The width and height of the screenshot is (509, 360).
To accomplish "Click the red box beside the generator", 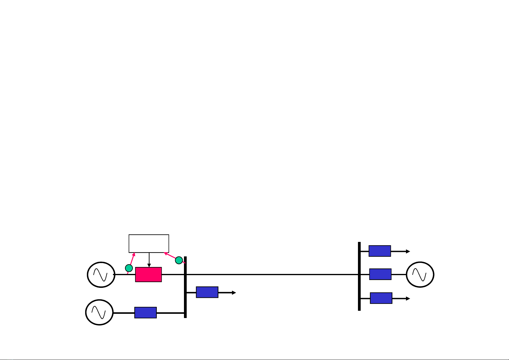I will click(x=148, y=275).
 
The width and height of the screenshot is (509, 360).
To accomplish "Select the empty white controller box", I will click(x=149, y=243).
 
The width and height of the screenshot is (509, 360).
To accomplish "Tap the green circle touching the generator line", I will click(x=129, y=268).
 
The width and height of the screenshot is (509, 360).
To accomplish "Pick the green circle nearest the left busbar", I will click(x=179, y=260).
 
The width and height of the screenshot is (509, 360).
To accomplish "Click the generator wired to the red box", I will click(x=101, y=275).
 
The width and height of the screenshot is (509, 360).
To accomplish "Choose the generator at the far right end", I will click(x=420, y=274).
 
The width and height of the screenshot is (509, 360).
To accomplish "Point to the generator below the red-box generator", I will click(x=99, y=312).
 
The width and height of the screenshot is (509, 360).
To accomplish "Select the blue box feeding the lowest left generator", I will click(x=145, y=313).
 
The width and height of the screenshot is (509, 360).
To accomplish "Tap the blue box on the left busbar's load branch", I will click(x=207, y=292).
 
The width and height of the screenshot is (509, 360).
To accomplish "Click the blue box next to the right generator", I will click(x=380, y=274).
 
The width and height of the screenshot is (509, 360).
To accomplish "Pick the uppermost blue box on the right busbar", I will click(x=380, y=251).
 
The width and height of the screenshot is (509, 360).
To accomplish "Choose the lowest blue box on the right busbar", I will click(x=381, y=298).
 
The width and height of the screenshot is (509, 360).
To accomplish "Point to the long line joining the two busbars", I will click(x=272, y=275).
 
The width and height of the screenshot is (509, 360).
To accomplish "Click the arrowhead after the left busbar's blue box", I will click(x=234, y=292).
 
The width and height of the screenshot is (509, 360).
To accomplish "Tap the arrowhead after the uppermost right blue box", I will click(x=408, y=251).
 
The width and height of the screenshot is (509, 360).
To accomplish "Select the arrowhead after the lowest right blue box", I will click(x=408, y=298).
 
